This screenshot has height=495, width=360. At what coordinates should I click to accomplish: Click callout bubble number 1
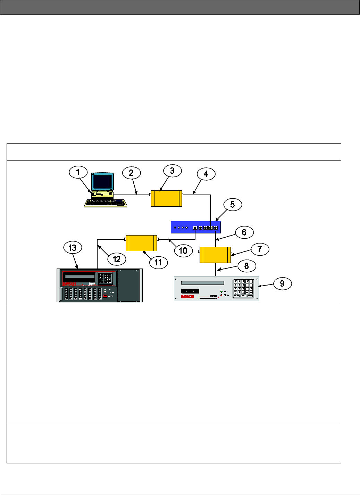click(78, 172)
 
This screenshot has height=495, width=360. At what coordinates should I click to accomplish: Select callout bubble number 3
click(172, 171)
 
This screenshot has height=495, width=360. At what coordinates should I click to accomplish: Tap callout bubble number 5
click(233, 205)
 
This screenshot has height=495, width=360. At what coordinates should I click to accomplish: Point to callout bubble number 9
click(282, 284)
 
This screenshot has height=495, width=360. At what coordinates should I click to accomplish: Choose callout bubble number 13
click(72, 248)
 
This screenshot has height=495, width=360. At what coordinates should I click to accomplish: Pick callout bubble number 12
click(117, 259)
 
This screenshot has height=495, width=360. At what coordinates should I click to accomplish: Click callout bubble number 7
click(260, 249)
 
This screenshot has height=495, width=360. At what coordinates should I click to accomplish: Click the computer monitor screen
click(102, 181)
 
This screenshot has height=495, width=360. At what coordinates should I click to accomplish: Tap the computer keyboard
click(105, 203)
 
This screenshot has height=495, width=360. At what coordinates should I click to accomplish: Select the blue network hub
click(195, 227)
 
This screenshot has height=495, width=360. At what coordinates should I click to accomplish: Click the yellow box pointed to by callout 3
click(167, 198)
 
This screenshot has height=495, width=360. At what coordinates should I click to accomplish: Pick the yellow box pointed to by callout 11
click(141, 243)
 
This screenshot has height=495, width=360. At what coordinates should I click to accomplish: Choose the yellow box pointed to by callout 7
click(215, 255)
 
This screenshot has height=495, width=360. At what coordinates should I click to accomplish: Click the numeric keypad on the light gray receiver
click(243, 288)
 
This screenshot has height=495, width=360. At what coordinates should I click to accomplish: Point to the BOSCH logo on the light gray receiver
click(187, 297)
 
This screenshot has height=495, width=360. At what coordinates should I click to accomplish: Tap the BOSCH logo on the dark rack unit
click(69, 284)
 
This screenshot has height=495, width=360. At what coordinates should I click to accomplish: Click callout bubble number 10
click(183, 251)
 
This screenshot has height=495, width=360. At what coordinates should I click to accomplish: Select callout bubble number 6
click(244, 232)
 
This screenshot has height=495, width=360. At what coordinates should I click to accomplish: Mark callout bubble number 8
click(246, 266)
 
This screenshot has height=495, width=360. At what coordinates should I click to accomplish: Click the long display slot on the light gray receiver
click(203, 283)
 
